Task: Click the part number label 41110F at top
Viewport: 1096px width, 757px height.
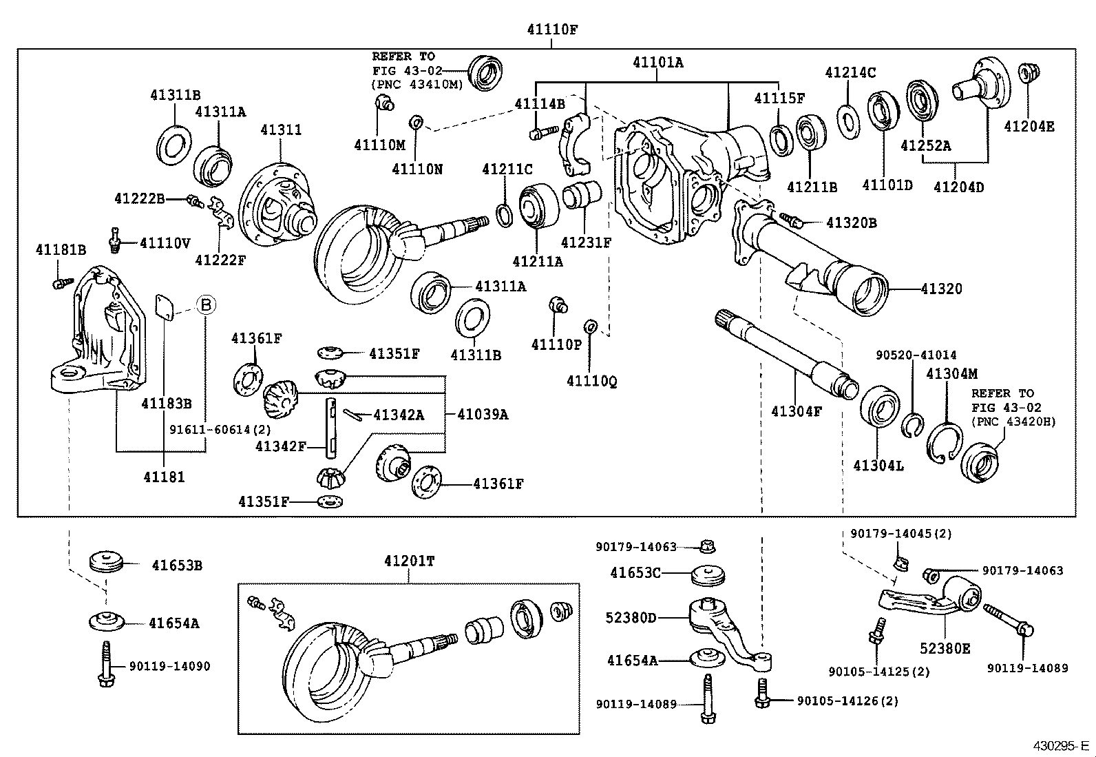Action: coord(552,30)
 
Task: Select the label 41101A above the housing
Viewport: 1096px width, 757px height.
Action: coord(657,63)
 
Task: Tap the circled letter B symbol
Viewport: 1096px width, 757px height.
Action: coord(206,304)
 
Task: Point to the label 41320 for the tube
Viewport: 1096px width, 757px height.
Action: coord(941,289)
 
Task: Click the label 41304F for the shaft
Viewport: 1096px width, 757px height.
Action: coord(796,412)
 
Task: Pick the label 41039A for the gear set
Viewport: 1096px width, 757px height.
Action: coord(483,414)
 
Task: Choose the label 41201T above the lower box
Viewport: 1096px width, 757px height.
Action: coord(409,561)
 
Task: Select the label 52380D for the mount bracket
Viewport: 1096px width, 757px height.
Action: coord(631,617)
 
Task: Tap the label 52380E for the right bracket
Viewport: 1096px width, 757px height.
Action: coord(945,648)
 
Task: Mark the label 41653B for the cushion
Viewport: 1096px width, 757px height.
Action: coord(177,566)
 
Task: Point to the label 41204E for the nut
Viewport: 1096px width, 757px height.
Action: coord(1029,127)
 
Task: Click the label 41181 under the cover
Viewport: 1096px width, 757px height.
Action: coord(164,476)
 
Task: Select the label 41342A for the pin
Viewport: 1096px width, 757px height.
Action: coord(399,415)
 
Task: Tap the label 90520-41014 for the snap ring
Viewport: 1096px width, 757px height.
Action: coord(916,355)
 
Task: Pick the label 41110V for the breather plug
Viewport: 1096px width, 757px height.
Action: coord(165,242)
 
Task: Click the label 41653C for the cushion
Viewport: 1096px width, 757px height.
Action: coord(635,572)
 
